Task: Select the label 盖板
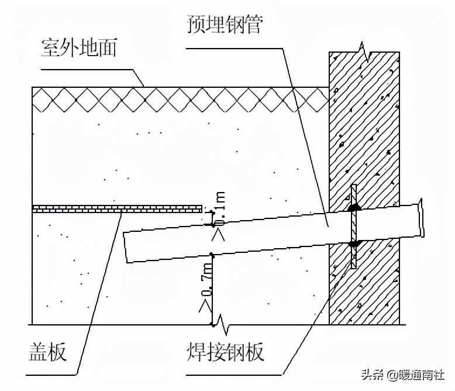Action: coord(47,352)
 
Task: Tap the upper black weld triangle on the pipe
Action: coord(353,207)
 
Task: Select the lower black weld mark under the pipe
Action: coord(353,243)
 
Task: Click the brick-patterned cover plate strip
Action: coord(117,208)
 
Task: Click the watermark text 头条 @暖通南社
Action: coord(404,374)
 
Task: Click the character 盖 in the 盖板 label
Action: coord(38,352)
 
